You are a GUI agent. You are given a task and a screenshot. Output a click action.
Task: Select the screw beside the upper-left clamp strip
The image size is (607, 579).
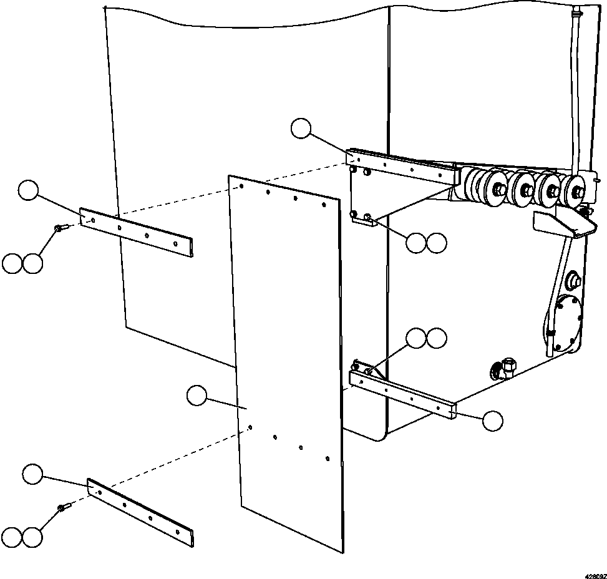coord(60,229)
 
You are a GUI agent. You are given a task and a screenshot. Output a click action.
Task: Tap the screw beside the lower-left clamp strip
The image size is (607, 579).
coord(63,508)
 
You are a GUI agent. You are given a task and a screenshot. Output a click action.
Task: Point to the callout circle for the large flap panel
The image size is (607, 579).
coord(197,396)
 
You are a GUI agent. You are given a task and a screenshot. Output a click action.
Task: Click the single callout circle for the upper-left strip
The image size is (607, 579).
coord(29,190)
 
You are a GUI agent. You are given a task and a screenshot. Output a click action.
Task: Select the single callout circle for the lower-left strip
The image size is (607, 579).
coord(32,475)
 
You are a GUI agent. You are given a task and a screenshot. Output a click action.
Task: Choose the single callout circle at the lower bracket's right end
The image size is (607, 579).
coord(493,421)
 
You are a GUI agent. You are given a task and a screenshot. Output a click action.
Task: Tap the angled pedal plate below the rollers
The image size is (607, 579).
coord(562,224)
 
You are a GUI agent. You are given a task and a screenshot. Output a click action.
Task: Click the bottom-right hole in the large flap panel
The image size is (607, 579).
coord(328,459)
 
